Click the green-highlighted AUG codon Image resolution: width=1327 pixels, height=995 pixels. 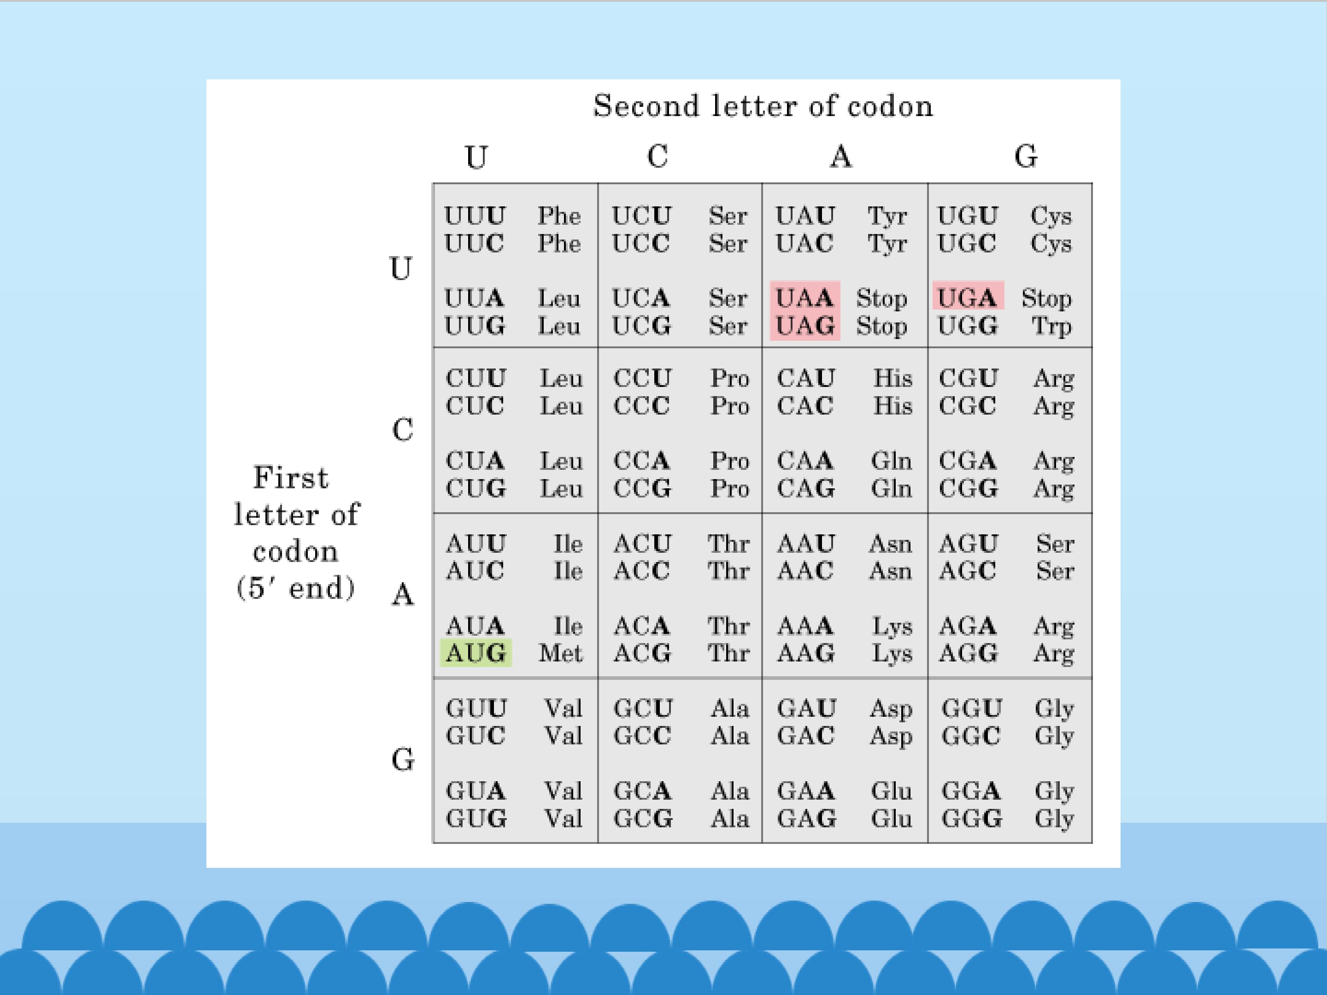(476, 653)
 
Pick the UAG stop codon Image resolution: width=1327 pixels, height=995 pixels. (804, 326)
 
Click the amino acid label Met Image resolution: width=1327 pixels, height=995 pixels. (560, 653)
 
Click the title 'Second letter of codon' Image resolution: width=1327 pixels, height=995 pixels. (763, 105)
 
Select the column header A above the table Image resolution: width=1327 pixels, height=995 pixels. (840, 157)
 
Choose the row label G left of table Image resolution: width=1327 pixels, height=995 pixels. (403, 760)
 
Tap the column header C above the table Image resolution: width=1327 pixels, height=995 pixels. (658, 157)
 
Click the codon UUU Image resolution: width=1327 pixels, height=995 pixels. (475, 215)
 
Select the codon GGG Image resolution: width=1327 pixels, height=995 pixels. (971, 818)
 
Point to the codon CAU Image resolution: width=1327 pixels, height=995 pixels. (806, 378)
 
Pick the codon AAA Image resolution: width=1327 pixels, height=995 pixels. (805, 626)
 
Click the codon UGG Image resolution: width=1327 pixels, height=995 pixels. (968, 326)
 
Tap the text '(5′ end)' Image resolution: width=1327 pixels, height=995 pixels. (296, 588)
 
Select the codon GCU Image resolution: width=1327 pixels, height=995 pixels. (642, 708)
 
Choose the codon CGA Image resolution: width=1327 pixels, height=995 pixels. (968, 461)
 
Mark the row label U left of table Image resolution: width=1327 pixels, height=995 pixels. (401, 268)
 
